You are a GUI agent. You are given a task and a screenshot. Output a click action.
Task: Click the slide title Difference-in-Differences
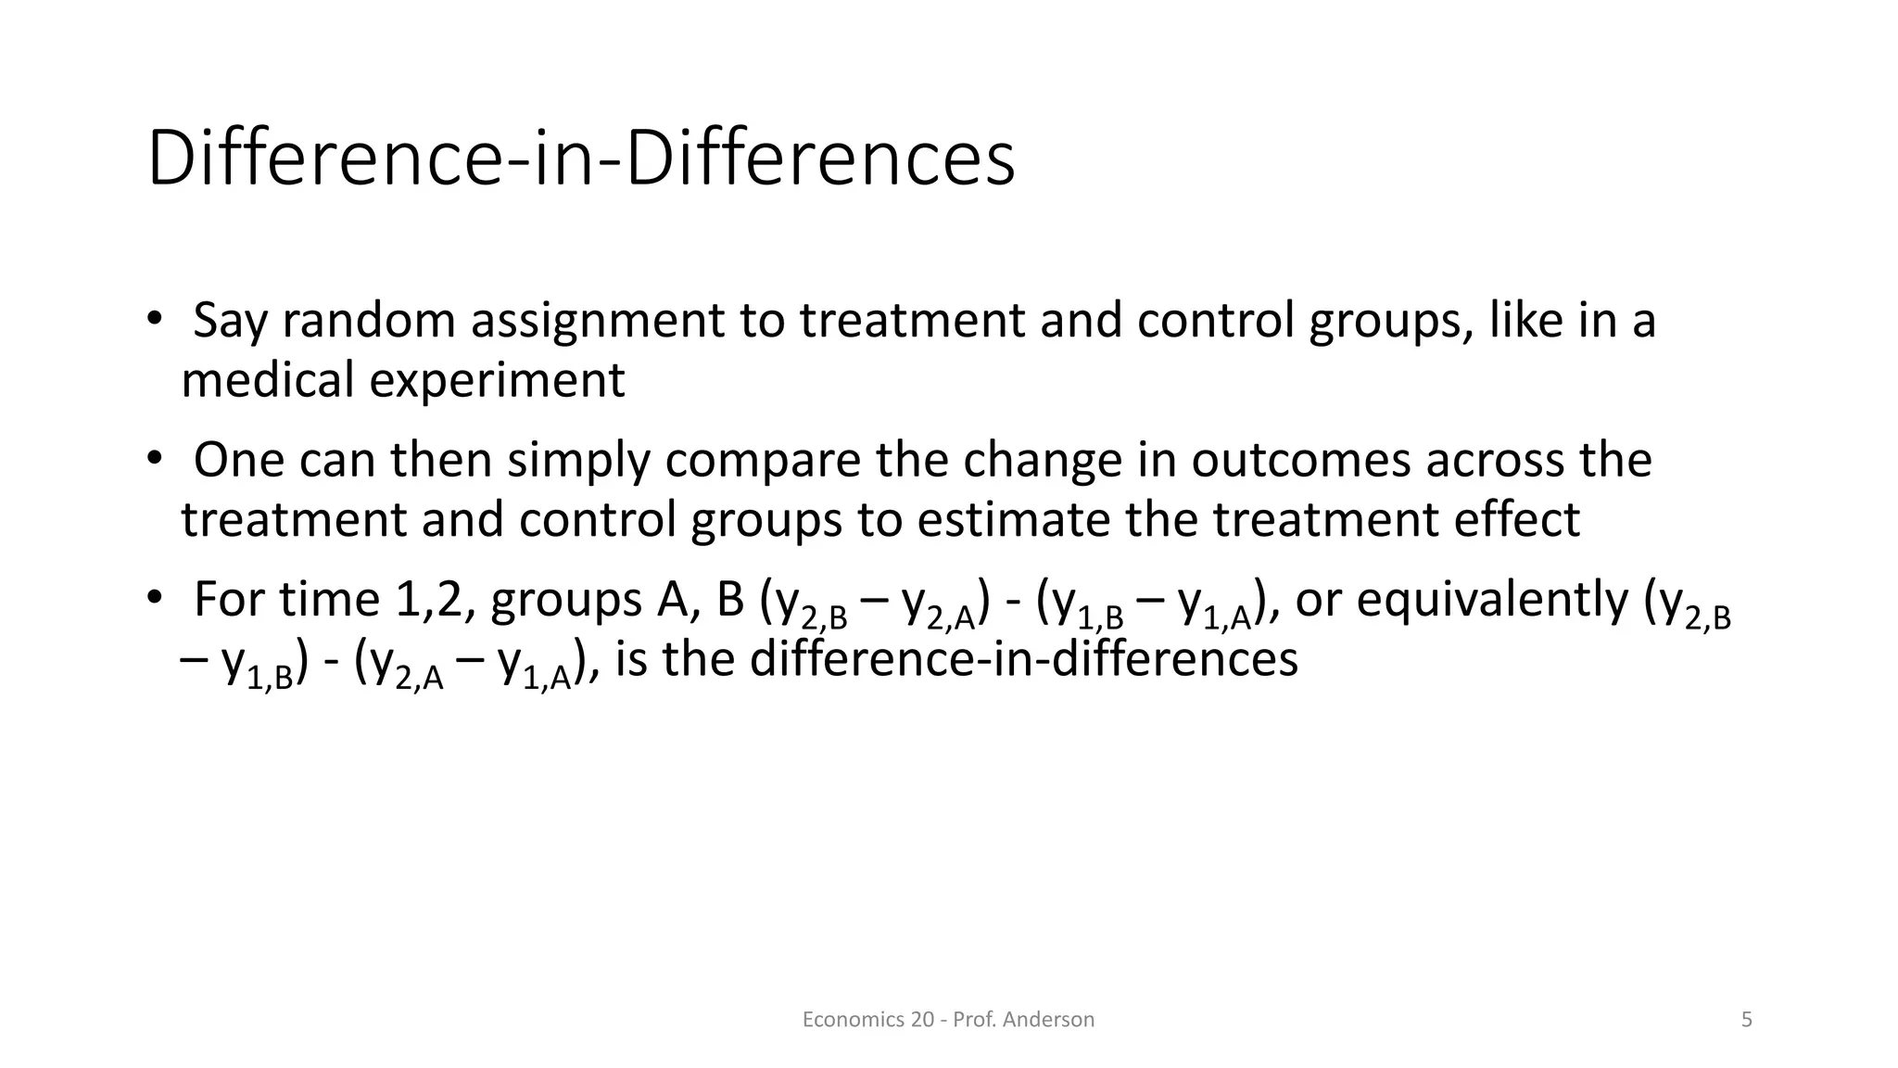click(x=581, y=159)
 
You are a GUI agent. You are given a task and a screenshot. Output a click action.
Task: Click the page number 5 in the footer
click(x=1746, y=1020)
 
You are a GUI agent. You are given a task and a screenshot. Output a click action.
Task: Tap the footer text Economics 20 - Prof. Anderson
click(x=947, y=1020)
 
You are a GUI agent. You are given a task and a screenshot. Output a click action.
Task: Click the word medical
click(x=267, y=380)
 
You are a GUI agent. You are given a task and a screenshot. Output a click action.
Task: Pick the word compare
click(x=763, y=462)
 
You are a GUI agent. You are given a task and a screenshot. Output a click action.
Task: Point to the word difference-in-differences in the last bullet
click(x=1023, y=659)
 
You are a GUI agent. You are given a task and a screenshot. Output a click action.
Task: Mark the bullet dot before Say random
click(x=154, y=318)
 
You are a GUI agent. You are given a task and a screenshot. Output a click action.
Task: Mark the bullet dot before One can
click(x=154, y=458)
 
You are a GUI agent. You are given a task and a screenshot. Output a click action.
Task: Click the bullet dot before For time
click(x=154, y=597)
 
